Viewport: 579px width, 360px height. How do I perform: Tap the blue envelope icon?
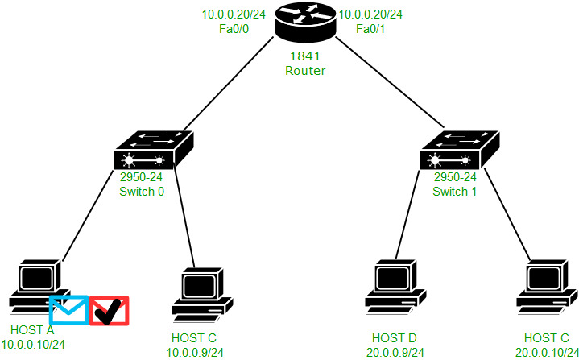pyautogui.click(x=68, y=309)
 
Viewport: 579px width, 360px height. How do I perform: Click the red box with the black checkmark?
pyautogui.click(x=110, y=309)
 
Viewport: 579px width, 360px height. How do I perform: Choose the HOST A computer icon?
pyautogui.click(x=37, y=286)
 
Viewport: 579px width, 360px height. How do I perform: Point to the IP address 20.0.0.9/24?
pyautogui.click(x=395, y=350)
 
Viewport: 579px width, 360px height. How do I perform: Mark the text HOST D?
pyautogui.click(x=395, y=337)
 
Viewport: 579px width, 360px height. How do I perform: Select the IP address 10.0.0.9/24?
pyautogui.click(x=194, y=350)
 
